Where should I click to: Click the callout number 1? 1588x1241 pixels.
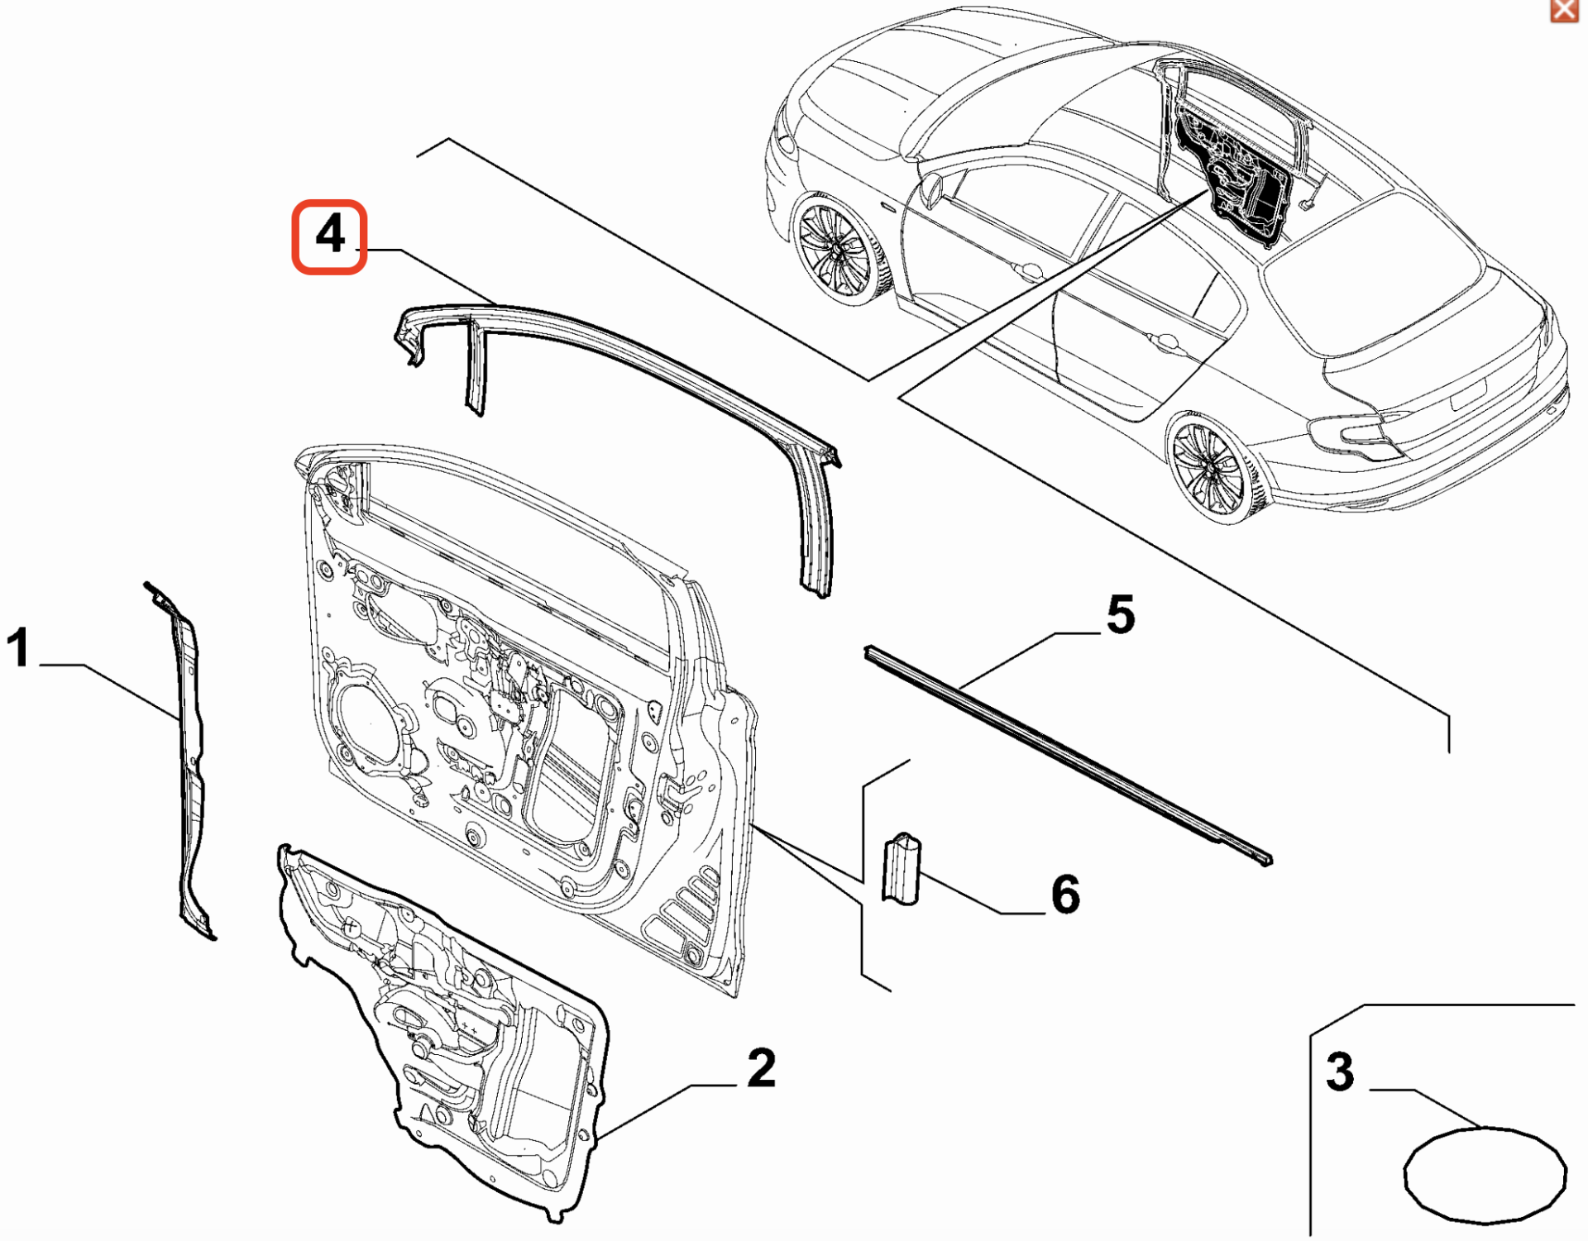click(x=18, y=647)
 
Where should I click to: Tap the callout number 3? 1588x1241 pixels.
click(x=1339, y=1072)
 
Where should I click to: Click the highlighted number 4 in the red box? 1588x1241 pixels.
click(x=329, y=236)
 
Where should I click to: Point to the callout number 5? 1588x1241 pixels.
click(x=1121, y=615)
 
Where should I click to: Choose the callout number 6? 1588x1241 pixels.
click(x=1065, y=895)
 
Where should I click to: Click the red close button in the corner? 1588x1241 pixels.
click(x=1563, y=10)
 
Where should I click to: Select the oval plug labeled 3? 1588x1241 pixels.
click(x=1485, y=1175)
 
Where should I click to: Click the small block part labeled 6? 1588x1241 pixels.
click(x=902, y=870)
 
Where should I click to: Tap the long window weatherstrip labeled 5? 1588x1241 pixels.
click(x=1067, y=752)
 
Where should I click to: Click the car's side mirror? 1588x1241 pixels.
click(x=930, y=189)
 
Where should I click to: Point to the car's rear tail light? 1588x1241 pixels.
click(x=1356, y=435)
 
